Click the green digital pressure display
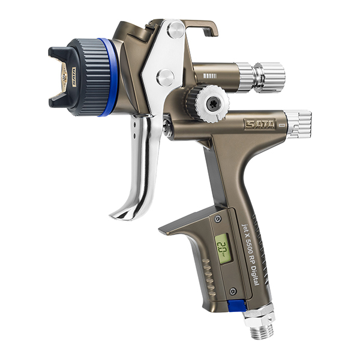[x=223, y=247]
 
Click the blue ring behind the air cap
[x=110, y=77]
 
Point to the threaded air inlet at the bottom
[x=259, y=330]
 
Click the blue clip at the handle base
[x=236, y=305]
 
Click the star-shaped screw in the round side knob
[x=211, y=103]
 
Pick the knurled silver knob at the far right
[x=298, y=124]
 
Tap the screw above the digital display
[x=218, y=219]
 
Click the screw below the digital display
[x=232, y=291]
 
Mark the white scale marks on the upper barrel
[x=209, y=76]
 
